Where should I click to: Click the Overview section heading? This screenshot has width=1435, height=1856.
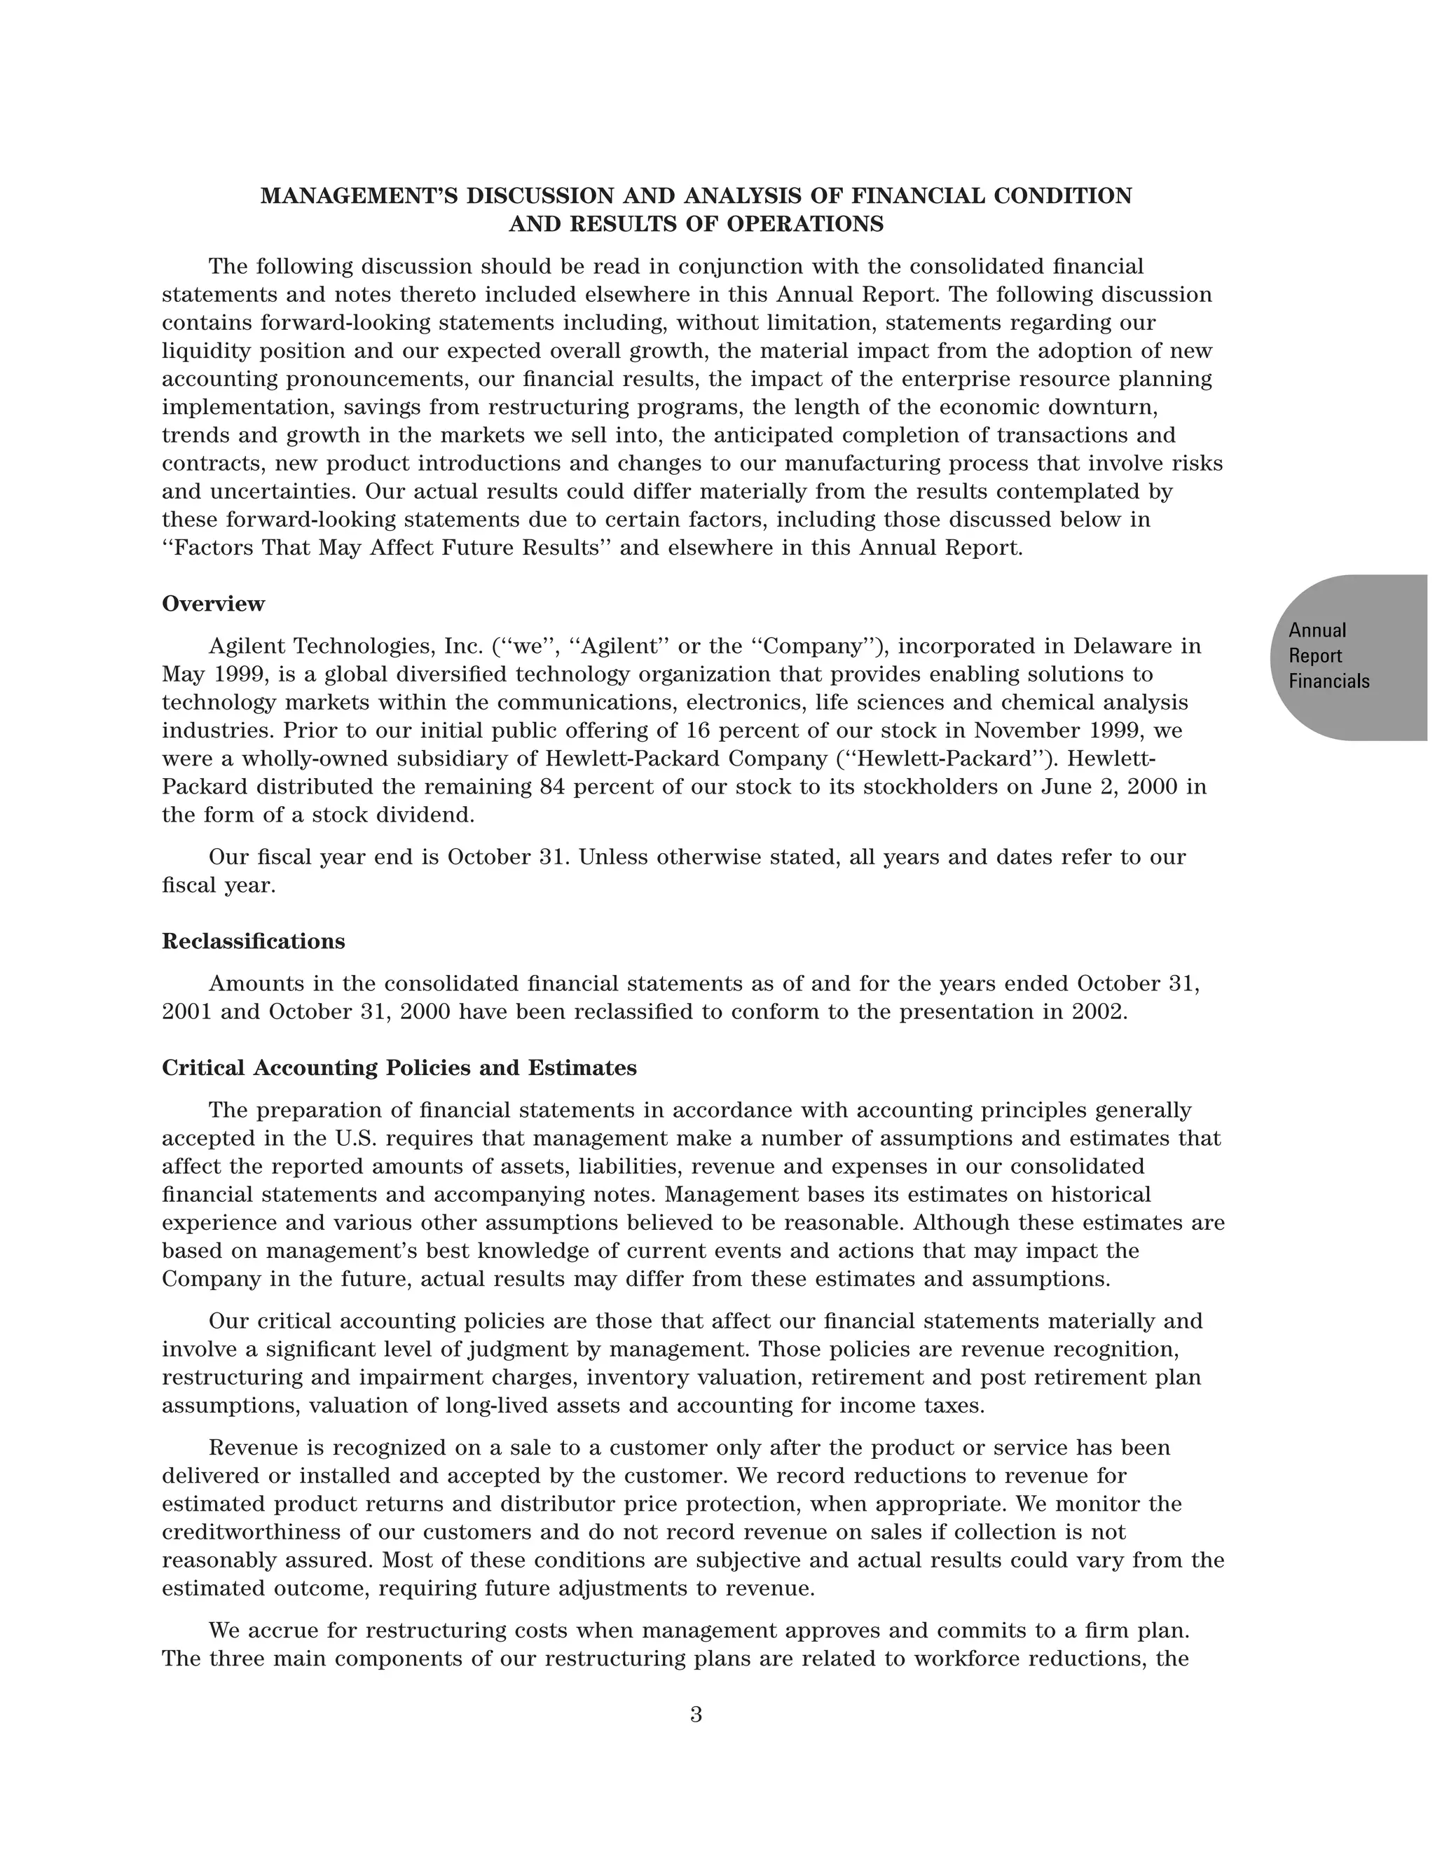tap(214, 604)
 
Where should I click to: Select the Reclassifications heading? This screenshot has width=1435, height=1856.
tap(254, 941)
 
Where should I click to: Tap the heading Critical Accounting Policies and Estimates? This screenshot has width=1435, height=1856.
tap(399, 1068)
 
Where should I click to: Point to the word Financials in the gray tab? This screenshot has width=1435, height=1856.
tap(1328, 681)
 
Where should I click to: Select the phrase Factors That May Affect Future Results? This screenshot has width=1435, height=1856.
tap(386, 548)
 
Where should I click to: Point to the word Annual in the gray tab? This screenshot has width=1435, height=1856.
tap(1317, 630)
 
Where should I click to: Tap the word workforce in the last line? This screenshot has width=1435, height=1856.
tap(966, 1658)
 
